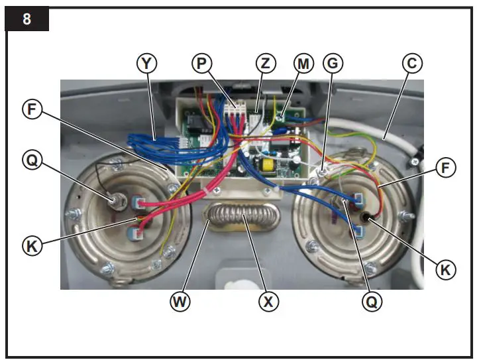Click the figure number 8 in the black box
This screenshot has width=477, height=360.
(x=26, y=19)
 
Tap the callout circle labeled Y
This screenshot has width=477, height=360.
(x=147, y=64)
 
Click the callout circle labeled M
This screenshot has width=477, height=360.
(x=303, y=64)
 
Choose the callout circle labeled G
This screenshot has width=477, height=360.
(x=333, y=64)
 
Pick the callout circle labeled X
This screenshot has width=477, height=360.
(x=268, y=302)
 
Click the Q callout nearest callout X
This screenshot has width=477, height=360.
(x=372, y=302)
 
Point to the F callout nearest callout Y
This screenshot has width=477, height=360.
(x=31, y=109)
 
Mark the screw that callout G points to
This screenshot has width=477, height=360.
(x=320, y=171)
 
